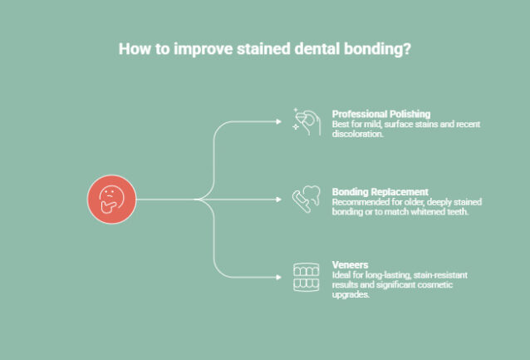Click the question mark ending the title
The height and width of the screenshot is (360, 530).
[407, 48]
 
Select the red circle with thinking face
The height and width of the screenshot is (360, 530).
[110, 200]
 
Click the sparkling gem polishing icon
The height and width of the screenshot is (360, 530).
[306, 121]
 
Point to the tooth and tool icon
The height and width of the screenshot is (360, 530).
[306, 200]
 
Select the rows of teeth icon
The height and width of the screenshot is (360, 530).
[306, 277]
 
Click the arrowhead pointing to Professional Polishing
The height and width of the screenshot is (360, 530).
[279, 121]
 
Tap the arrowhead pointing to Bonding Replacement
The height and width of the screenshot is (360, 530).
[279, 200]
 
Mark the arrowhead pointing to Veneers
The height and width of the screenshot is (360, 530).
[279, 277]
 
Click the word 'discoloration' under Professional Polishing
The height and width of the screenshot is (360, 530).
[356, 134]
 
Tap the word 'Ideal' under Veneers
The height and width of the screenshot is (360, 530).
[341, 275]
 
